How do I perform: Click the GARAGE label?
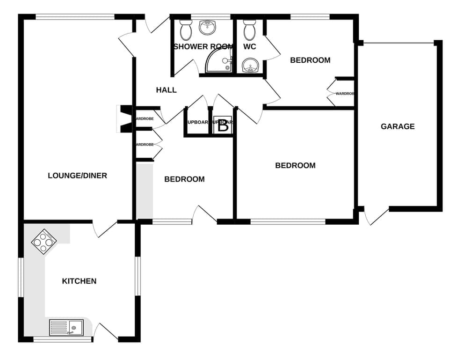(397, 126)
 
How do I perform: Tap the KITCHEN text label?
(79, 281)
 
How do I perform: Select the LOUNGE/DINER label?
(77, 176)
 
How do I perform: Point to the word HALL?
(166, 90)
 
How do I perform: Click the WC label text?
(249, 47)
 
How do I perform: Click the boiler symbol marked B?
(223, 125)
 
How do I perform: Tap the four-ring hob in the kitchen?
(44, 242)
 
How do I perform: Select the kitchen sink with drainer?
(66, 327)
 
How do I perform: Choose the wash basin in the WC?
(251, 66)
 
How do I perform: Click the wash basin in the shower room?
(208, 28)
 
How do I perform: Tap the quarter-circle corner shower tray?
(219, 61)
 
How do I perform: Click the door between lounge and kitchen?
(104, 228)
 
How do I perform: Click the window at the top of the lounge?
(75, 17)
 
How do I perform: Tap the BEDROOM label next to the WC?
(310, 60)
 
